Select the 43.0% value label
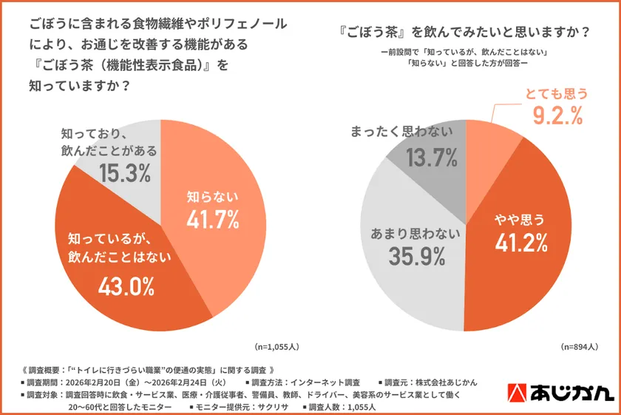click(126, 286)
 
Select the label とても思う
click(557, 93)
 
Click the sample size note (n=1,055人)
click(276, 345)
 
